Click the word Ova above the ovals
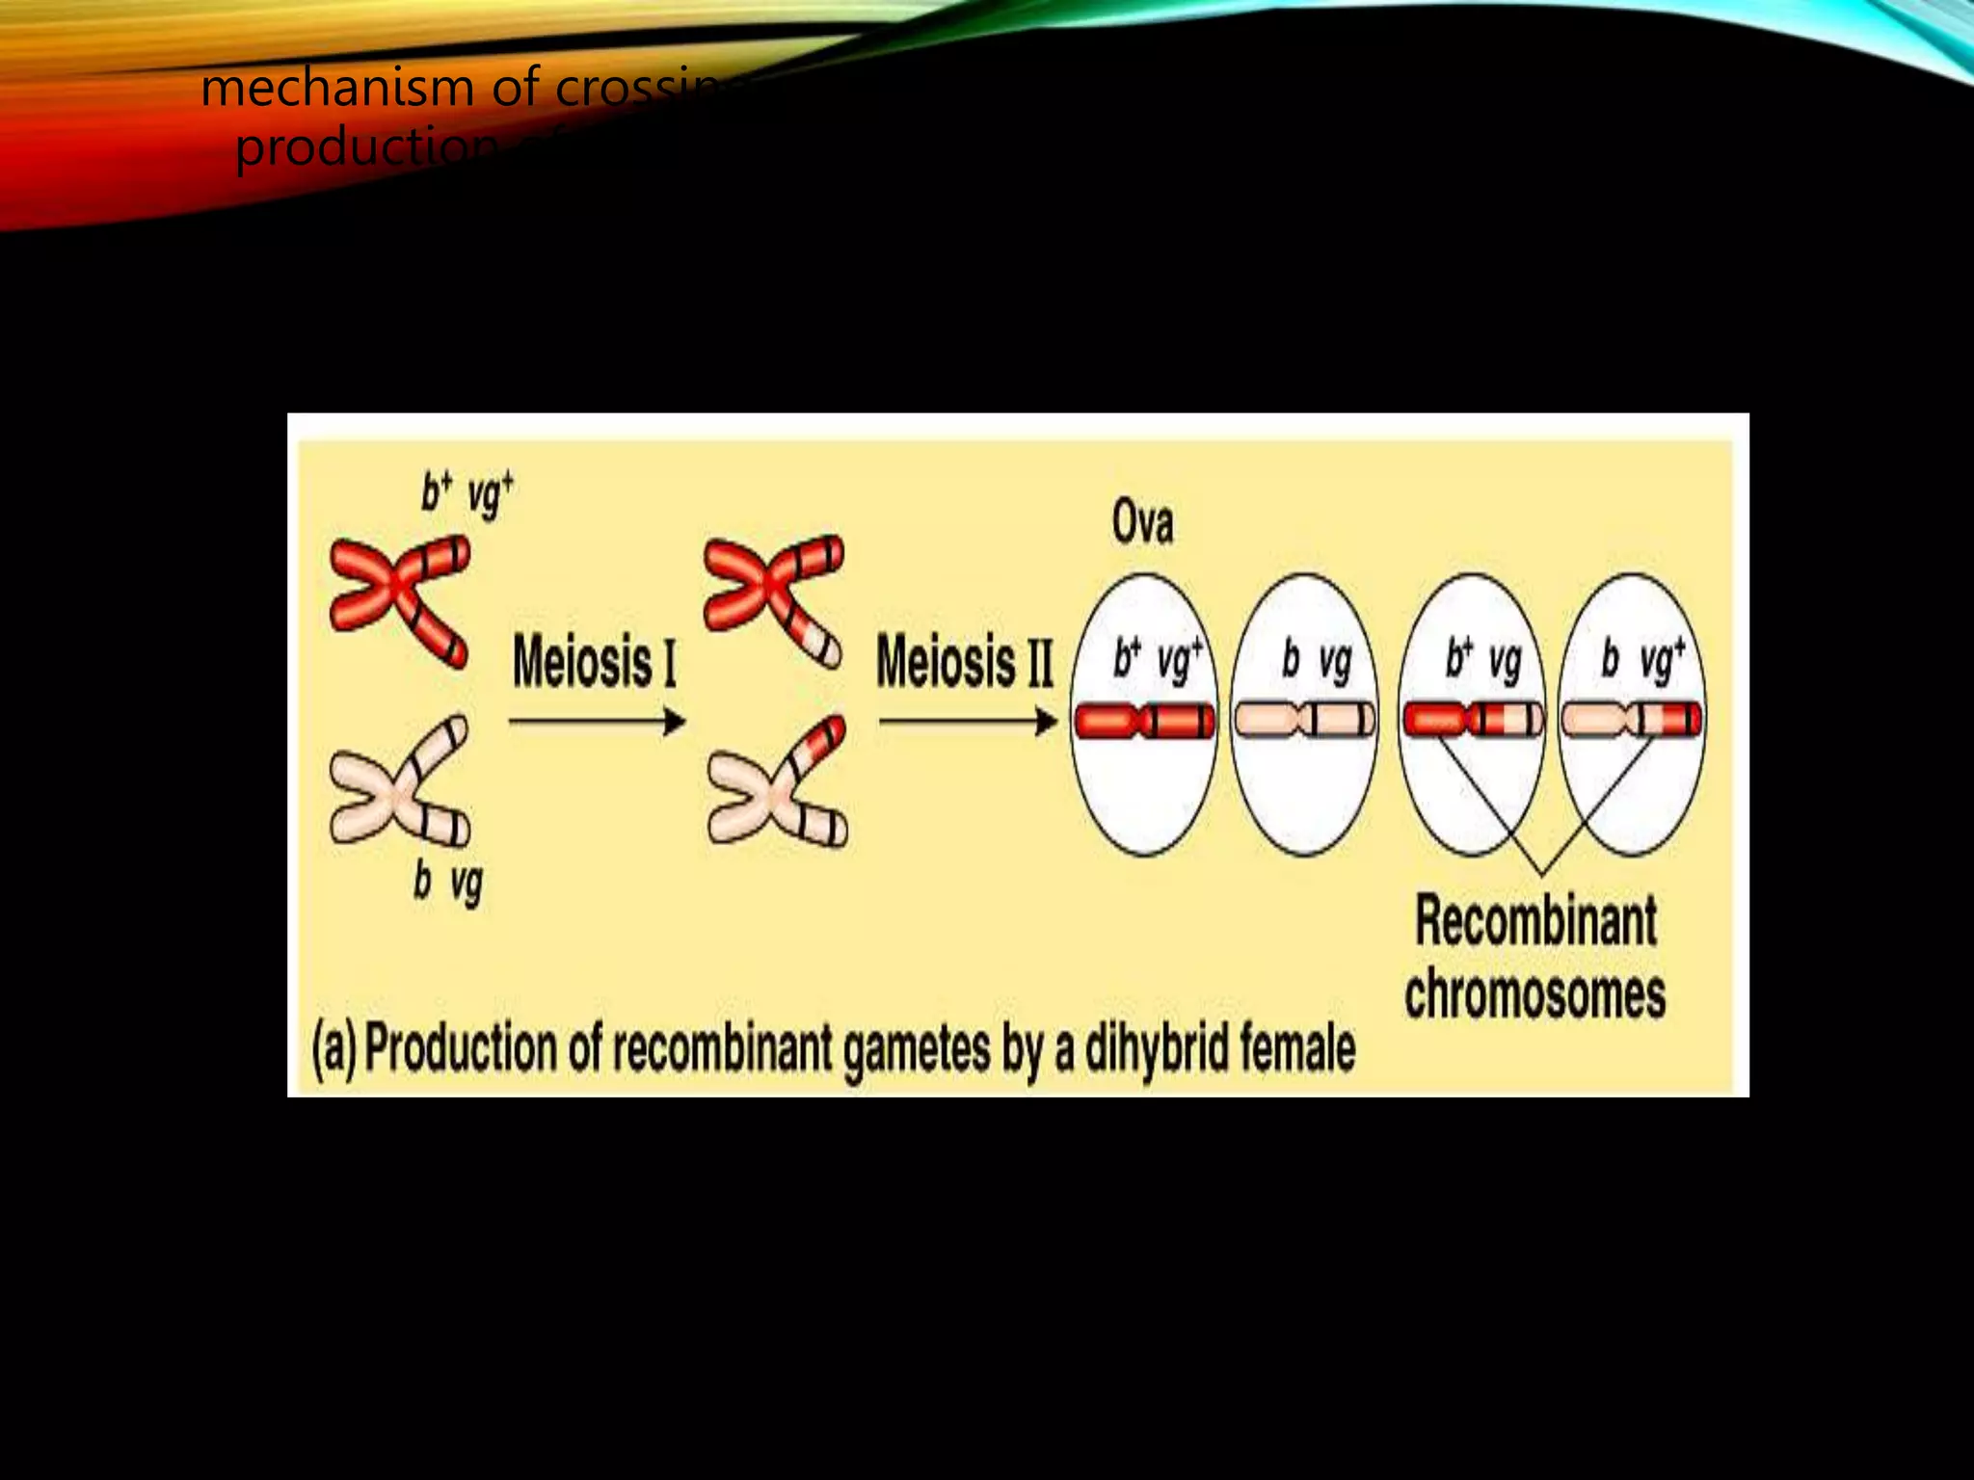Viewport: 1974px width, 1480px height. tap(1142, 523)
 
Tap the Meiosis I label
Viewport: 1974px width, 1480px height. tap(594, 663)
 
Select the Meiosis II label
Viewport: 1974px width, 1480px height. tap(964, 663)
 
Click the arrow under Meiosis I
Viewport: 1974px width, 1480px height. tap(597, 721)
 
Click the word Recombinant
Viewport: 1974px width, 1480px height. tap(1535, 921)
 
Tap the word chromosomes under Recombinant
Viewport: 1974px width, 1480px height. tap(1534, 994)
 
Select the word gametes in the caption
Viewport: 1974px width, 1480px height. tap(916, 1049)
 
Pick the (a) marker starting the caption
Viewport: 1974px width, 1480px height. tap(333, 1049)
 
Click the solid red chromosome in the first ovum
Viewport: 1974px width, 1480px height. tap(1144, 721)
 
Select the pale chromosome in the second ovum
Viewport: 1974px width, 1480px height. tap(1305, 721)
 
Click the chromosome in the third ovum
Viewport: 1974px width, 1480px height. tap(1472, 721)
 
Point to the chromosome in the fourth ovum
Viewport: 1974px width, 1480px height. tap(1631, 721)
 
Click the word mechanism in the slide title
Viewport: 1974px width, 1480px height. tap(338, 89)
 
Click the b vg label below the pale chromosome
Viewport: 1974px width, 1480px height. tap(448, 883)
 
